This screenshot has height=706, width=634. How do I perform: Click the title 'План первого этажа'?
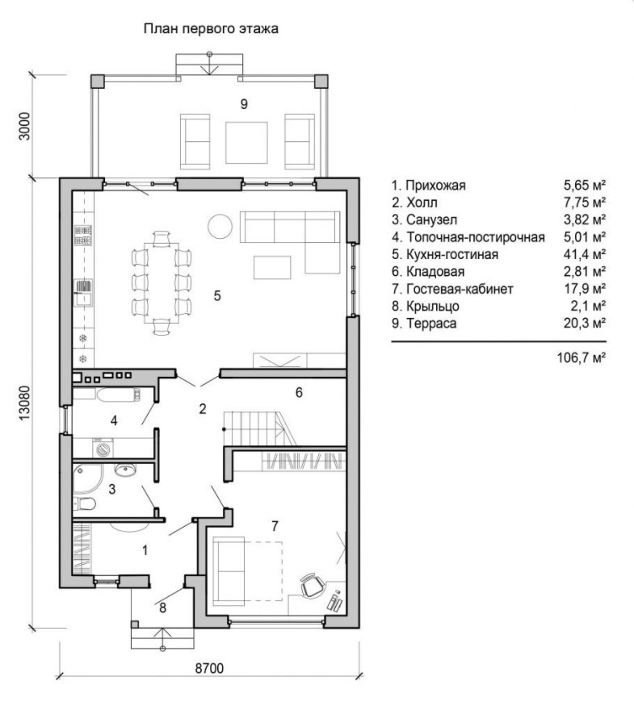coord(211,29)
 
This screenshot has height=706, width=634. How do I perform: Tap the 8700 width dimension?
coord(209,668)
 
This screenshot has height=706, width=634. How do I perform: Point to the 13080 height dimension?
coord(25,403)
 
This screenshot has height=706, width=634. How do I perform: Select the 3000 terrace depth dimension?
coord(25,126)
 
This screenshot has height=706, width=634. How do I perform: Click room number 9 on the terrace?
coord(244,104)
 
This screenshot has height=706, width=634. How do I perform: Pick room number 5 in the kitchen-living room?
coord(217,296)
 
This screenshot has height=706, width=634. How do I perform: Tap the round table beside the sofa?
coord(220,225)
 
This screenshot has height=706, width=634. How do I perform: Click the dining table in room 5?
coord(162,282)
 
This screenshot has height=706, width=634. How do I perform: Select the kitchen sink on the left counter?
coord(83,293)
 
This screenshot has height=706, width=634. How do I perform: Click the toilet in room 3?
coord(85,503)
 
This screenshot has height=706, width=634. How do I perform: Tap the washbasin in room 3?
coord(125,470)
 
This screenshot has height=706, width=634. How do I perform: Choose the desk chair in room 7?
coord(312,584)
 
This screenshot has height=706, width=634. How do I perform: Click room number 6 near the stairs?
coord(299,393)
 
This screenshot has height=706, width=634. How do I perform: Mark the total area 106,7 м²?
coord(582,358)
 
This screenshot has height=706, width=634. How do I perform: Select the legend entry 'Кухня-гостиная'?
coord(452,254)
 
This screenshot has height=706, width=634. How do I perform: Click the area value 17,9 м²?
coord(585,289)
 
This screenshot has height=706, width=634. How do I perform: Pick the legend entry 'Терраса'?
coord(431,324)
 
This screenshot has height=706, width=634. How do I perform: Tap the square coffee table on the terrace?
coord(246,143)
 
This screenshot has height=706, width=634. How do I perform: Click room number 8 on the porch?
coord(162,608)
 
